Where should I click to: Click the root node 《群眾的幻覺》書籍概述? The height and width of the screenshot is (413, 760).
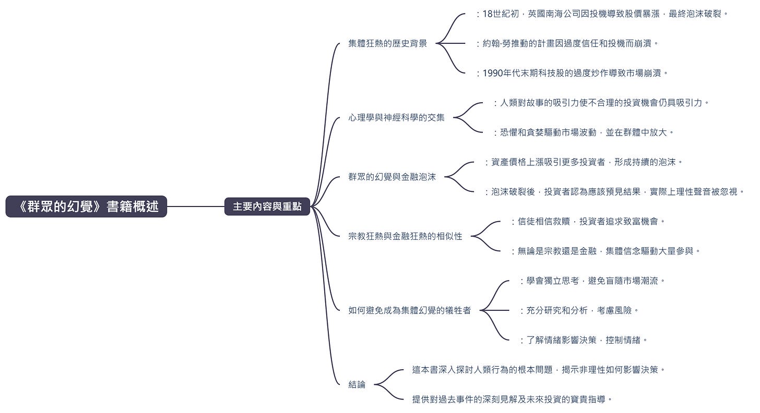coord(86,207)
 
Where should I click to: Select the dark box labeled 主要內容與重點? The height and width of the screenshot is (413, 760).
coord(267,207)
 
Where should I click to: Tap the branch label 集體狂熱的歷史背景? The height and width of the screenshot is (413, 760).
coord(387,43)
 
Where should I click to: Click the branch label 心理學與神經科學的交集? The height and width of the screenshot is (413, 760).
coord(396,117)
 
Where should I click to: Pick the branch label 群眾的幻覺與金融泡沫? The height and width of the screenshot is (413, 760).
coord(391,177)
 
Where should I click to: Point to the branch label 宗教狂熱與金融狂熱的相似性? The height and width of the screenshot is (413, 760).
coord(405,236)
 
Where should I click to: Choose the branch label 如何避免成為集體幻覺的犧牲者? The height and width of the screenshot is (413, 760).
coord(409,310)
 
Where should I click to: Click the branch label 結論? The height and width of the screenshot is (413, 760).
coord(357,385)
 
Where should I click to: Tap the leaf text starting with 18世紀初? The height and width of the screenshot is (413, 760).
coord(604,14)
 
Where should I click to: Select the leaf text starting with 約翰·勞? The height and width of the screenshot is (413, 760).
coord(569,43)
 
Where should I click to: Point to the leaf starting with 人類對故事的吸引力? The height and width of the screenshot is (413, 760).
coord(603,103)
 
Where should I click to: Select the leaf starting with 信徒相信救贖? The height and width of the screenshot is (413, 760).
coord(590,222)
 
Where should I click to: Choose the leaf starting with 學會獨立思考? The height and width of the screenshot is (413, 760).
coord(594,281)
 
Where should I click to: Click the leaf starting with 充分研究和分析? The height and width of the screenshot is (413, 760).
coord(580,310)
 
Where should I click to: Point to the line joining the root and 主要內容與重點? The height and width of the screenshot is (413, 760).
coord(196,207)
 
